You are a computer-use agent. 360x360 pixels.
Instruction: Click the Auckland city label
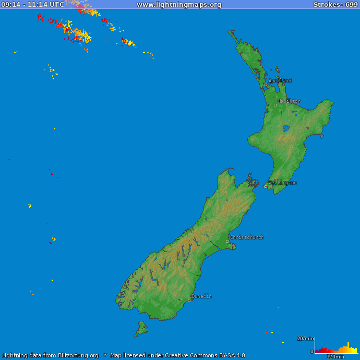[x=280, y=81]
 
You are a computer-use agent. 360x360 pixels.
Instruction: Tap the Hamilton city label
[x=289, y=101]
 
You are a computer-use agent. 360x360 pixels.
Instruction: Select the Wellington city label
[x=282, y=183]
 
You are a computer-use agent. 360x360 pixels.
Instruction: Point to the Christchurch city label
[x=247, y=237]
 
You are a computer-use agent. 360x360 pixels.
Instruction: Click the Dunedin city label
[x=201, y=296]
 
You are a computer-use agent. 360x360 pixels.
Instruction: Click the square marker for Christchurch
[x=227, y=241]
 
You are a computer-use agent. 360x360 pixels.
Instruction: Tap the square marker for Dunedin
[x=189, y=300]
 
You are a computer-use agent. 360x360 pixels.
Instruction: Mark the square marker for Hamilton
[x=275, y=105]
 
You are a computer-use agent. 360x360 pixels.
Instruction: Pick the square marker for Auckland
[x=266, y=85]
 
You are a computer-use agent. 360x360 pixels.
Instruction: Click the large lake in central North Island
[x=286, y=128]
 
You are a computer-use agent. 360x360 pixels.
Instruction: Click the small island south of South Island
[x=141, y=329]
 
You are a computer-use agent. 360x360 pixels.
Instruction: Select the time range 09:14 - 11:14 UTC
[x=32, y=5]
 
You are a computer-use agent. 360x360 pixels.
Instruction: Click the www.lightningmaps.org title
[x=179, y=5]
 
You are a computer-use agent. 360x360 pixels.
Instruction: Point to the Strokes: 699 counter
[x=335, y=5]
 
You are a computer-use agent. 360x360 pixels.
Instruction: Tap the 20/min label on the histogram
[x=306, y=339]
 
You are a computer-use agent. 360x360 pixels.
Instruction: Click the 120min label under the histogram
[x=335, y=357]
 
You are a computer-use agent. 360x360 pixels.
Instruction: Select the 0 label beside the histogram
[x=312, y=352]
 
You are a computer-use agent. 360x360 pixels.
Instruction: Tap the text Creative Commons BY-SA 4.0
[x=205, y=356]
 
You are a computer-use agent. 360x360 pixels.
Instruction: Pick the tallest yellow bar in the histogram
[x=348, y=348]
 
